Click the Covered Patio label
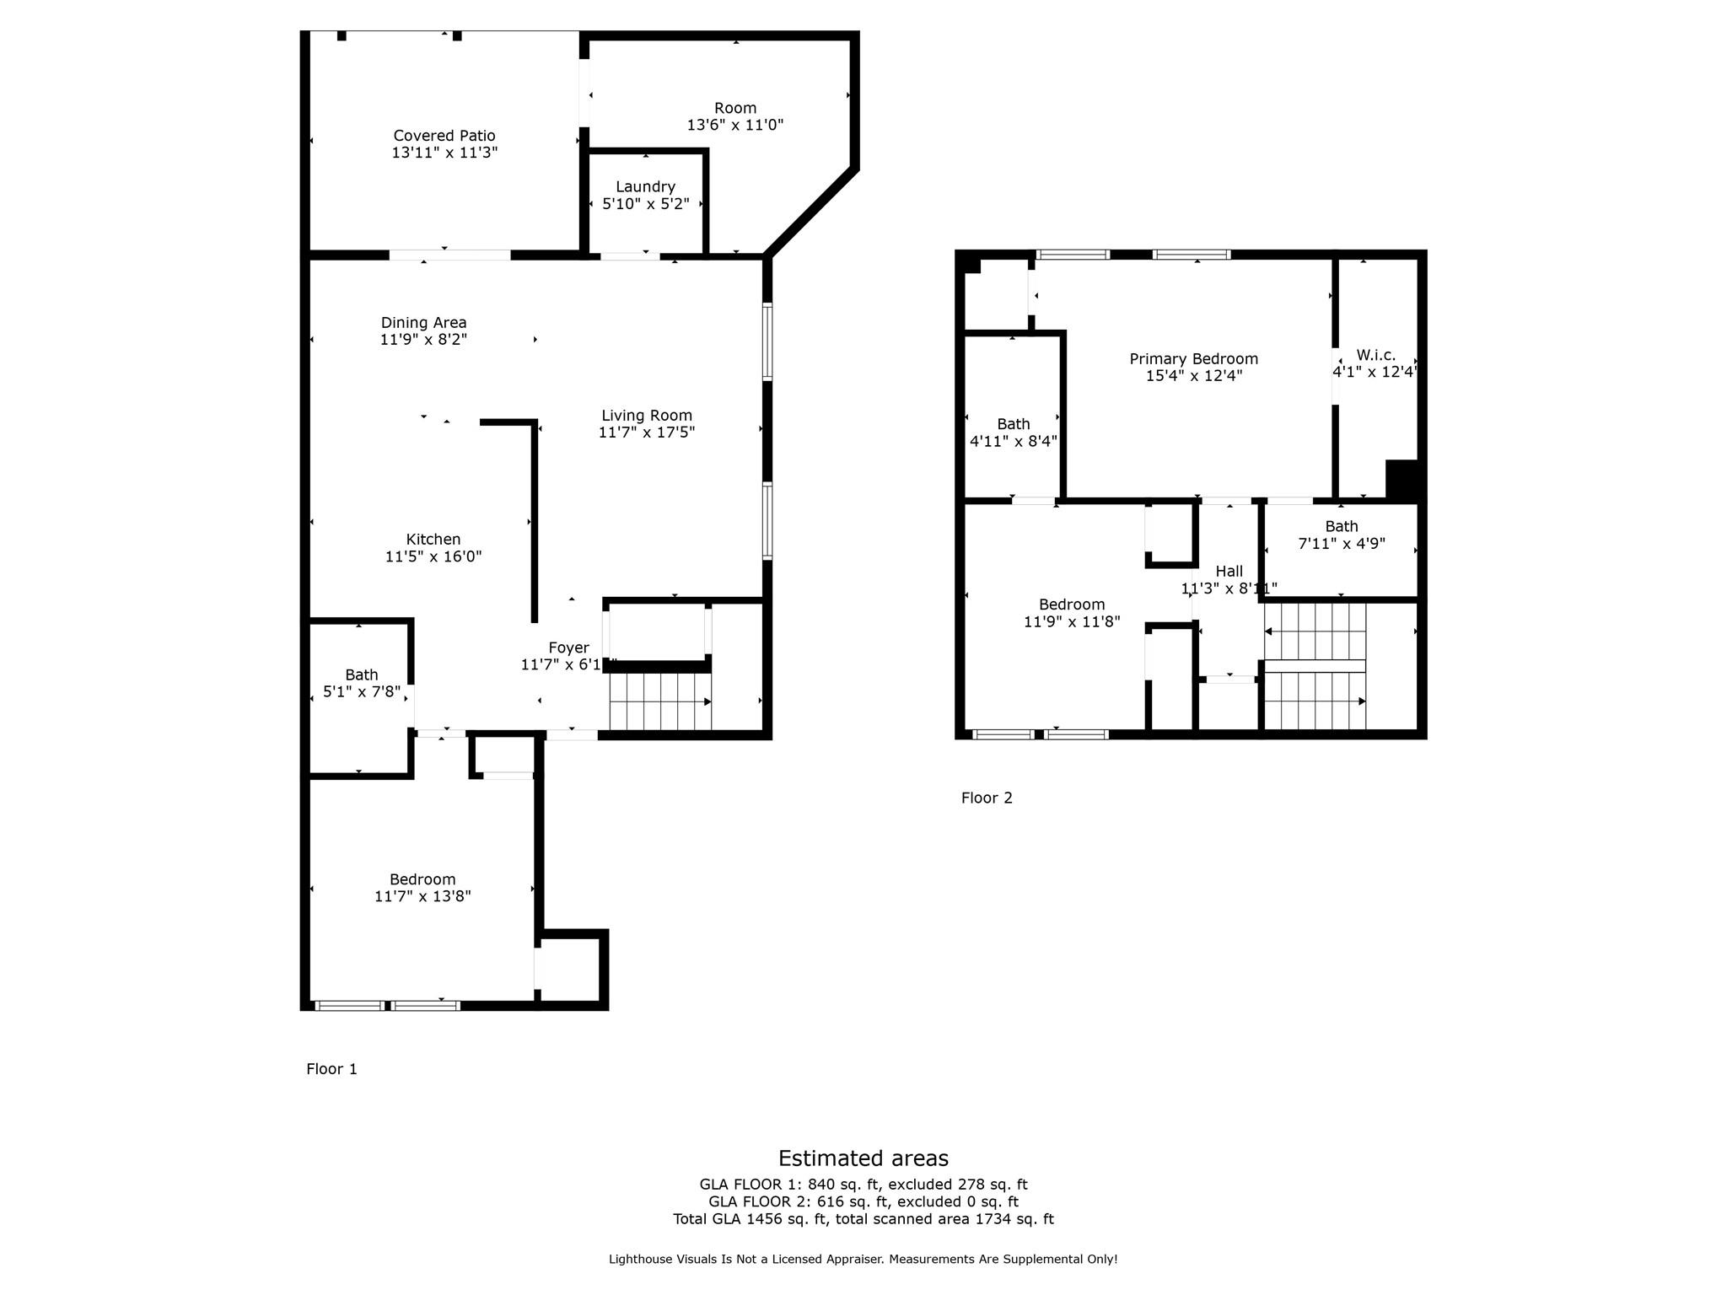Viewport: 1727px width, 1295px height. coord(444,136)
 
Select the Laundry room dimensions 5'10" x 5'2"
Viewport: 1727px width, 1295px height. coord(646,204)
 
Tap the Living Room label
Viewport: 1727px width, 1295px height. coord(647,416)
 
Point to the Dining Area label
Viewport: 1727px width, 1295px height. coord(423,323)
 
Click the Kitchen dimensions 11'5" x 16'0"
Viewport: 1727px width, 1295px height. coord(433,556)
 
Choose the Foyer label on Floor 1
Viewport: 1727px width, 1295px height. coord(568,647)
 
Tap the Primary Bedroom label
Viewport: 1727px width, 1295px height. coord(1193,359)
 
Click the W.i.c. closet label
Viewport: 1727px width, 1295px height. coord(1375,356)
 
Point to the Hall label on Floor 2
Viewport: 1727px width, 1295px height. coord(1229,572)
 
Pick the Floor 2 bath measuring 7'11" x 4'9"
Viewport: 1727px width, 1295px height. coord(1341,535)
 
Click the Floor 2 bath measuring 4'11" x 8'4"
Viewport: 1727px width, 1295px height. coord(1013,433)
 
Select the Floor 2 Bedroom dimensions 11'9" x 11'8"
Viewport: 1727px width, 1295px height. coord(1071,622)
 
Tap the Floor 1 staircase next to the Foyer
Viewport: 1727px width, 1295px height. coord(660,701)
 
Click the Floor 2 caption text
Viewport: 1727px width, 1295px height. coord(987,798)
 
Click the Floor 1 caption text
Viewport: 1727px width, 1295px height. coord(331,1069)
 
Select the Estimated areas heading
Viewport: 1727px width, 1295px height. coord(863,1158)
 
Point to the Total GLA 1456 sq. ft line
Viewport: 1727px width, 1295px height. coord(863,1219)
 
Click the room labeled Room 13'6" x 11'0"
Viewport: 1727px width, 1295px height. coord(735,116)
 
